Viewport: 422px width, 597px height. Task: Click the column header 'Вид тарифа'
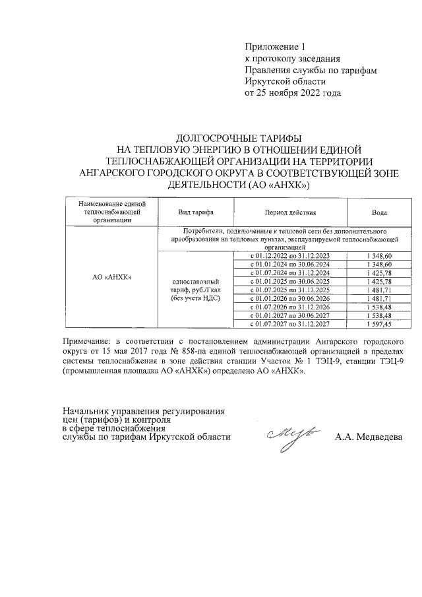pyautogui.click(x=195, y=213)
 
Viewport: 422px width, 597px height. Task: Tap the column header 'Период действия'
pyautogui.click(x=291, y=213)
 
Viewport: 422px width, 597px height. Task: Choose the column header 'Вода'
pyautogui.click(x=379, y=213)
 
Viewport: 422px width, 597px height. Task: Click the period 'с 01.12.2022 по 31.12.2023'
pyautogui.click(x=291, y=255)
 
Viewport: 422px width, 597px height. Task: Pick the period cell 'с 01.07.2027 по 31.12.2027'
pyautogui.click(x=291, y=324)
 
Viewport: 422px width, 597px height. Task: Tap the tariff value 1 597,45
pyautogui.click(x=379, y=324)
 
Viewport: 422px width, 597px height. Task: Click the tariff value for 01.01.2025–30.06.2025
pyautogui.click(x=379, y=281)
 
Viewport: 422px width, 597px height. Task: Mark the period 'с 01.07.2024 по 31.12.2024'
pyautogui.click(x=291, y=272)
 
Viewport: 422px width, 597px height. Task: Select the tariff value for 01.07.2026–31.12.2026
pyautogui.click(x=379, y=307)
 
